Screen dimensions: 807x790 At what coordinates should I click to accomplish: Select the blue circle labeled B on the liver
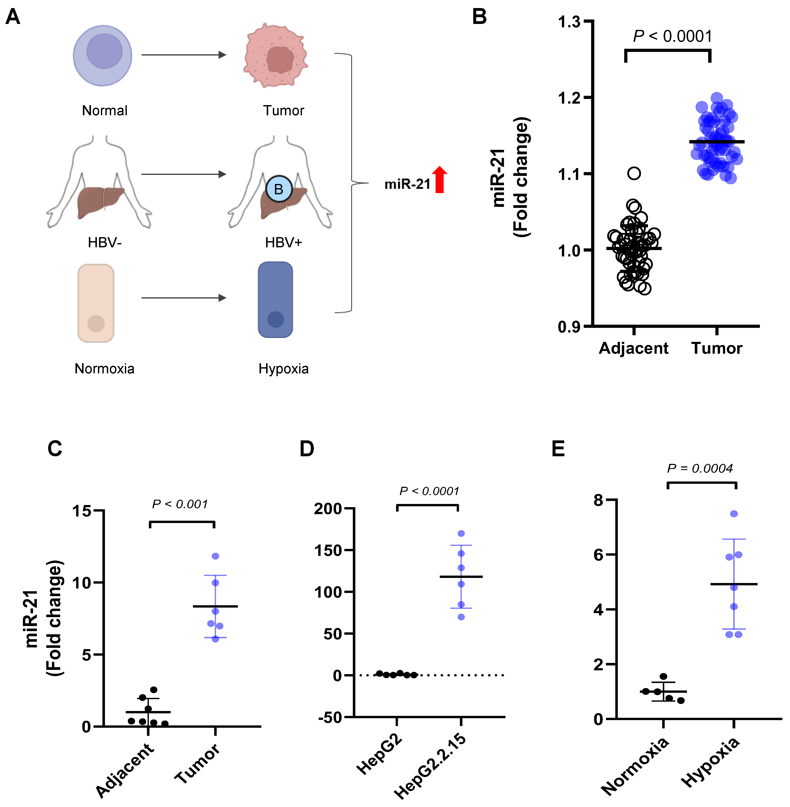[279, 189]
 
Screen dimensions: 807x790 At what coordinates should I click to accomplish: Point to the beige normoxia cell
[96, 303]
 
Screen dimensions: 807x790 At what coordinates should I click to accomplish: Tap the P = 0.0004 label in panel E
[699, 469]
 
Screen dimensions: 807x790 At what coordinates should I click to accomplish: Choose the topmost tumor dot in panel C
[215, 556]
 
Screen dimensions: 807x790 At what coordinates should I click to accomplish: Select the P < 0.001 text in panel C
[180, 504]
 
